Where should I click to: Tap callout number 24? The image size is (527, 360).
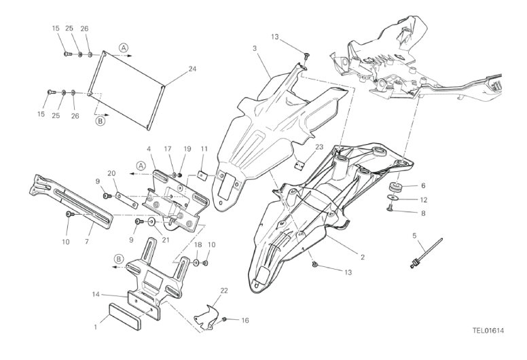tap(192, 69)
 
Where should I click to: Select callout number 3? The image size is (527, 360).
tap(255, 48)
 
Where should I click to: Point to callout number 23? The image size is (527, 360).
tap(319, 147)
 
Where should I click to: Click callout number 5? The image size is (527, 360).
tap(414, 236)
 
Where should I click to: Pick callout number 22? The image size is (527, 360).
tap(224, 291)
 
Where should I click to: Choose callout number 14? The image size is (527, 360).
tap(96, 295)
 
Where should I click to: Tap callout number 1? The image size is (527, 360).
tap(96, 327)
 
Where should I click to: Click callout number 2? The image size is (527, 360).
tap(363, 257)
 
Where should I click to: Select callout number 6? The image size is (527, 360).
tap(423, 185)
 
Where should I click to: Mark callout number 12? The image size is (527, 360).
tap(424, 200)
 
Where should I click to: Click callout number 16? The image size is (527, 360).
tap(245, 321)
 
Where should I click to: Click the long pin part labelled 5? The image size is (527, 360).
tap(426, 253)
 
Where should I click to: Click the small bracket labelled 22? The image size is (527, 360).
tap(206, 317)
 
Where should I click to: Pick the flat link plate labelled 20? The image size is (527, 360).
tap(127, 200)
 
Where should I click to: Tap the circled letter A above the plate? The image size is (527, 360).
tap(124, 48)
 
